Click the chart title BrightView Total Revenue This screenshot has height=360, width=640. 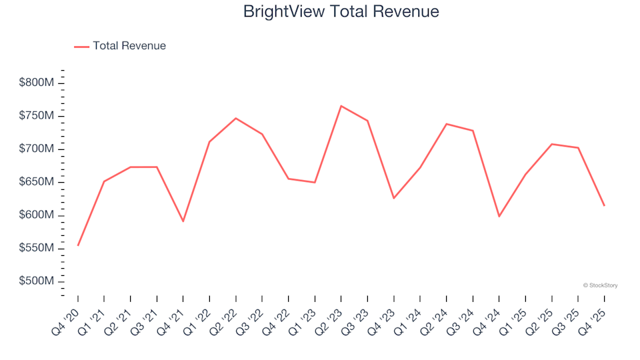341,11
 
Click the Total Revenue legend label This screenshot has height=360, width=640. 129,46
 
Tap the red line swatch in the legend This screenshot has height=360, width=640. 81,47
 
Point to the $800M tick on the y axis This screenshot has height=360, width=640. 36,83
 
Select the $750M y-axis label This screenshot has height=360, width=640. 36,116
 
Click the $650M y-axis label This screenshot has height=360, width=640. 36,182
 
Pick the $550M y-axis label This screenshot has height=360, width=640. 36,248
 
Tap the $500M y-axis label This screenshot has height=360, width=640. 36,281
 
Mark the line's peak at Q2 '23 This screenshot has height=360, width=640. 341,106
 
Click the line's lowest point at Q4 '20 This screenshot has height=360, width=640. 78,245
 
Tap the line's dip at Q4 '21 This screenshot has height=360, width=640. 183,221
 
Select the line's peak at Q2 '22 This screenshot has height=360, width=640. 235,118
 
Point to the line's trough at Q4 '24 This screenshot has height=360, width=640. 499,217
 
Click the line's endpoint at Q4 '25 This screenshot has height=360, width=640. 604,205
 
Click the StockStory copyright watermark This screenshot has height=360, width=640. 600,285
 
